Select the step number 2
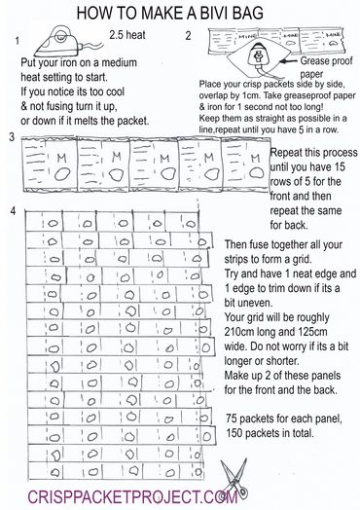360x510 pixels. (x=188, y=36)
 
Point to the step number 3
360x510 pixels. (x=9, y=137)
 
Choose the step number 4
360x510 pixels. (x=10, y=211)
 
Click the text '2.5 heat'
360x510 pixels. (x=127, y=35)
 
